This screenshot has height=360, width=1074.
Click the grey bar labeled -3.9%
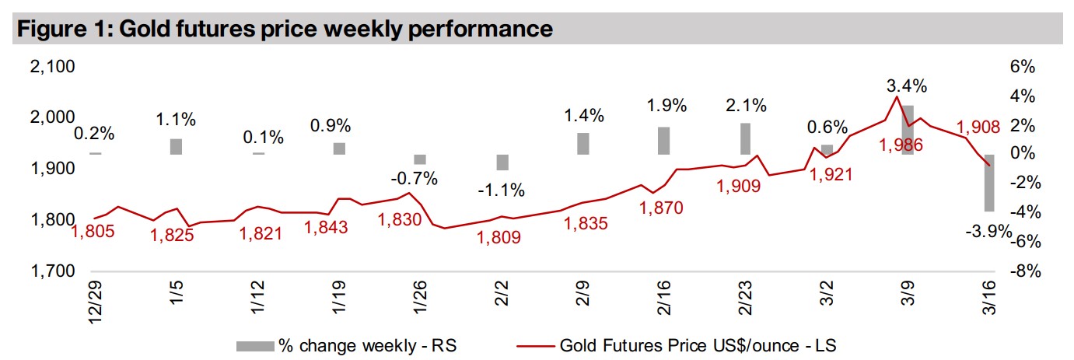pos(989,183)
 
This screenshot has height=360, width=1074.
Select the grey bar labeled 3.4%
pos(907,129)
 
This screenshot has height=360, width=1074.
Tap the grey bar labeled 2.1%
pos(745,138)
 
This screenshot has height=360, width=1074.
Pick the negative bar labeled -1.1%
pos(502,162)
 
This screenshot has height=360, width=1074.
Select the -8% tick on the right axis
pos(1023,271)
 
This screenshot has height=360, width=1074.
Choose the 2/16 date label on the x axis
pos(664,299)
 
